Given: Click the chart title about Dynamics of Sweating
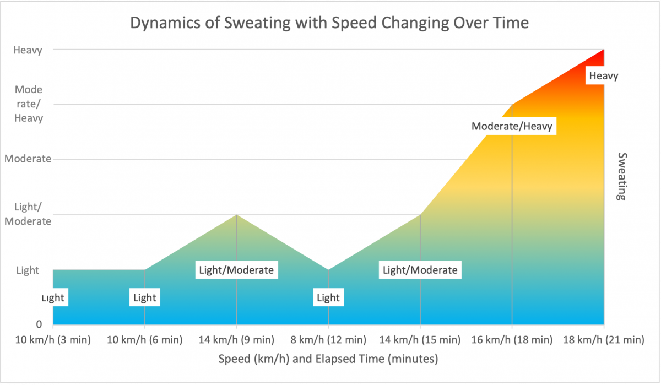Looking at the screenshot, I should click(x=329, y=23).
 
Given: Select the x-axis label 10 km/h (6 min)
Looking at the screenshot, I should click(x=145, y=339).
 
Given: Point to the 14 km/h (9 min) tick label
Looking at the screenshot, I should click(x=236, y=339).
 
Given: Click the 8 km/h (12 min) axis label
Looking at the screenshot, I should click(x=328, y=339).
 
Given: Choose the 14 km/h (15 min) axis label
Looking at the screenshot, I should click(x=420, y=339).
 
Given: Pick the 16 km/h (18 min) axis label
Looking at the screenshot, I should click(x=512, y=339).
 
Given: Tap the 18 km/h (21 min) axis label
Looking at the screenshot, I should click(x=604, y=339).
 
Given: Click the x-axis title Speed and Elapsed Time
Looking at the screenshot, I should click(x=328, y=359).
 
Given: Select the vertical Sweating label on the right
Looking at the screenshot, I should click(x=621, y=176).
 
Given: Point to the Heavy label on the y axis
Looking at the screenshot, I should click(x=28, y=50).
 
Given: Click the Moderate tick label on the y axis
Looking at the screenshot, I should click(x=28, y=159).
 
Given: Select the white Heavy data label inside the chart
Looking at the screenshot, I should click(x=604, y=75).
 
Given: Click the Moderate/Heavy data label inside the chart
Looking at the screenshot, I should click(x=512, y=126).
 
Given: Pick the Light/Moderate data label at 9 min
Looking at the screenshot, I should click(x=236, y=270).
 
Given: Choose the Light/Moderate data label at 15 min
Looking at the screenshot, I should click(x=420, y=270).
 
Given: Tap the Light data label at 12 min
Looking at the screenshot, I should click(x=328, y=298).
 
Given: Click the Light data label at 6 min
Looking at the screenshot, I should click(x=145, y=298).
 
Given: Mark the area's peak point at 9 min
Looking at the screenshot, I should click(x=236, y=215).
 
